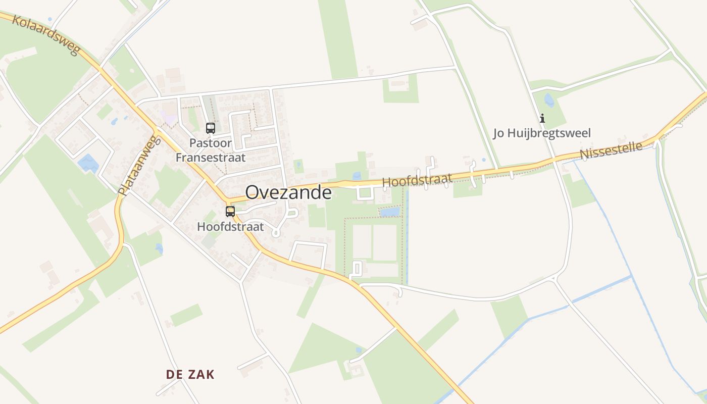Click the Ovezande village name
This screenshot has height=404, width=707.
[288, 193]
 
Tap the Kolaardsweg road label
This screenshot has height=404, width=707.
[46, 35]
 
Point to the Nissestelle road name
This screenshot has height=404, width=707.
[611, 150]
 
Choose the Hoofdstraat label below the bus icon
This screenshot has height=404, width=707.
[230, 227]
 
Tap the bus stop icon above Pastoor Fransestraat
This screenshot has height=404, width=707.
[211, 128]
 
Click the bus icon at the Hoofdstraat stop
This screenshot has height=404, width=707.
[230, 211]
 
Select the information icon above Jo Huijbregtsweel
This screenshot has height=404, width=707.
[542, 119]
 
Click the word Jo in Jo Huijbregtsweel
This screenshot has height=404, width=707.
[499, 133]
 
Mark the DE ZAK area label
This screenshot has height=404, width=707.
[190, 374]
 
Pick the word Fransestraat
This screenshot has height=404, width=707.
[211, 157]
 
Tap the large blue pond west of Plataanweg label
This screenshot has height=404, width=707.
[88, 163]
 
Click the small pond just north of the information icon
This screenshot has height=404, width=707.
[549, 100]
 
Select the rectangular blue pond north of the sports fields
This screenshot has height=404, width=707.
[389, 212]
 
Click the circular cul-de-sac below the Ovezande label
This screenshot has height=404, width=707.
[276, 233]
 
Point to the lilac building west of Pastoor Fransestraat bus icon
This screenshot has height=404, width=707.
[169, 118]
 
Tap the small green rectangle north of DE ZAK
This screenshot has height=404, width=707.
[186, 315]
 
